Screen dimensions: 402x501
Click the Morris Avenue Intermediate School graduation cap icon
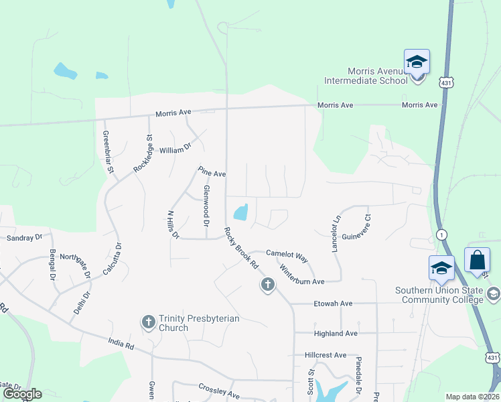point(417,63)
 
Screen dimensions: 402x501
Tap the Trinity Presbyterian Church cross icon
point(148,322)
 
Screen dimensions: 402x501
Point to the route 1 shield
point(441,233)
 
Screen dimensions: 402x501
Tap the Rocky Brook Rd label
point(242,249)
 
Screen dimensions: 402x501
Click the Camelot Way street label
point(286,255)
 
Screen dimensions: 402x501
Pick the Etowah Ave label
point(333,304)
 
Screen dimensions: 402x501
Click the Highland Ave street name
point(336,333)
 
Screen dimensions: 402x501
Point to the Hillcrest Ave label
point(326,354)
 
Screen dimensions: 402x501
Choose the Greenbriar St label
point(107,151)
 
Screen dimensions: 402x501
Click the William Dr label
point(175,149)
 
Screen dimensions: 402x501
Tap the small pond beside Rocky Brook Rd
point(240,212)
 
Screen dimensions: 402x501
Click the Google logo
point(22,394)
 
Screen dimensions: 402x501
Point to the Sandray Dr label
point(24,238)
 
